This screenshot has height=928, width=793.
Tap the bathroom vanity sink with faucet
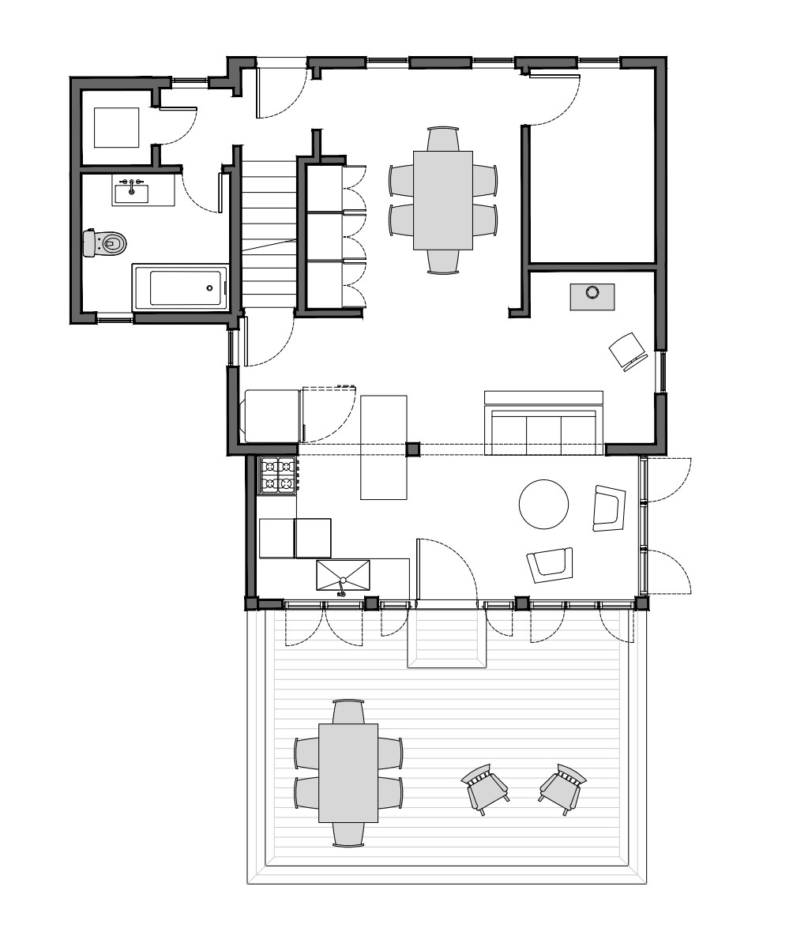(x=131, y=190)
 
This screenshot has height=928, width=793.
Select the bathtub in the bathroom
(x=181, y=287)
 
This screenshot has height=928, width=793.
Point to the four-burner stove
(x=278, y=475)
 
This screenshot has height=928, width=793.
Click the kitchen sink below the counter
(x=343, y=574)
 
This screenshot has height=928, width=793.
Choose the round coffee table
(x=543, y=505)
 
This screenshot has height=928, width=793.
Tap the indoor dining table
(x=443, y=199)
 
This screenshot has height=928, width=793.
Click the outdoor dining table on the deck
(x=348, y=772)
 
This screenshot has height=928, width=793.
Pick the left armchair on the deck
(x=483, y=788)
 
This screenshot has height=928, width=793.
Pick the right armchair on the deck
(x=562, y=787)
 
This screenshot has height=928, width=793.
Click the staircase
(x=268, y=234)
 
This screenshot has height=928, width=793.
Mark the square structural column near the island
(x=412, y=449)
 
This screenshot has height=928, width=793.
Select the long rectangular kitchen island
(x=384, y=447)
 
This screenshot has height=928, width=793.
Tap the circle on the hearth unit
(x=592, y=293)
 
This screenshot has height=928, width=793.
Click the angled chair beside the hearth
(x=630, y=351)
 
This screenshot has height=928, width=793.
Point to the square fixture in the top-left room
(x=117, y=127)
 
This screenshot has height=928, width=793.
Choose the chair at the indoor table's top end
(x=443, y=138)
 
